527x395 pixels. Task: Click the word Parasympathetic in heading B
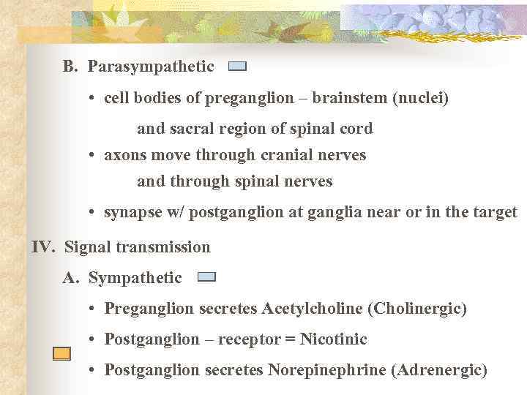(151, 67)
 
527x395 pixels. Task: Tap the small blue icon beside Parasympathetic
(237, 67)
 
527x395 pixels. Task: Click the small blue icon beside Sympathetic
(207, 277)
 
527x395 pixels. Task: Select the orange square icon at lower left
(61, 354)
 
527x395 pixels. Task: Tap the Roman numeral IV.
(42, 247)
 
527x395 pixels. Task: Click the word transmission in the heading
(161, 247)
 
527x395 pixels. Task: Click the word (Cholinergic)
(419, 309)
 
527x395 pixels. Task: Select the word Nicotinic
(334, 339)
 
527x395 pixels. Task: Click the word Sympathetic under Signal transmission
(135, 278)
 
